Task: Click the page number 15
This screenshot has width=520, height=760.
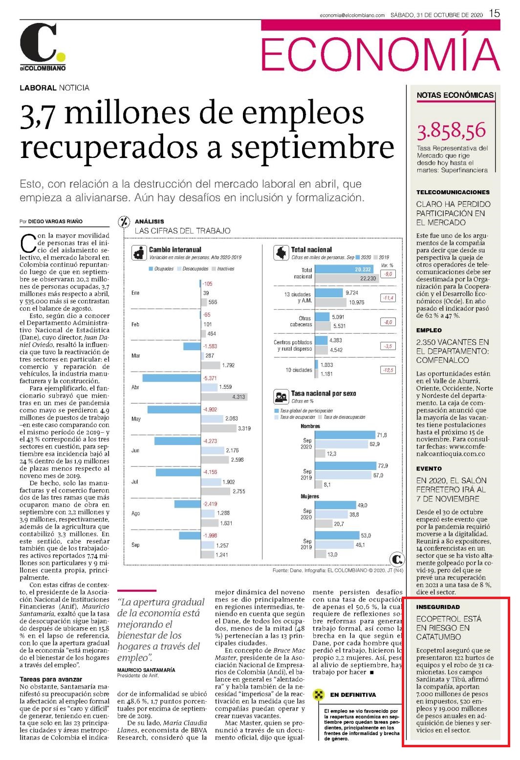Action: click(495, 14)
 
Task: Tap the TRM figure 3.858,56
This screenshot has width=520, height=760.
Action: click(451, 131)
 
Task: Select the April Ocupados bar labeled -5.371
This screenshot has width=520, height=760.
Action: click(172, 378)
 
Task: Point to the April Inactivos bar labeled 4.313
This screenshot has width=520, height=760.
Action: click(224, 397)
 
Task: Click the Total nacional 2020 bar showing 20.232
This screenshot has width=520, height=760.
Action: click(346, 269)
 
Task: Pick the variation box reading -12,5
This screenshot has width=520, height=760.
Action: click(388, 370)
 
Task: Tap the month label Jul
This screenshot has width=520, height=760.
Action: click(134, 482)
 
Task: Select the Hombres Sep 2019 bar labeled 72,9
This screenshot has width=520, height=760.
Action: click(346, 466)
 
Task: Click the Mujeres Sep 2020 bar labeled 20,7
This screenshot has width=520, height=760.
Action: click(324, 524)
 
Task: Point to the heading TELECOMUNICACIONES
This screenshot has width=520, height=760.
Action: click(453, 192)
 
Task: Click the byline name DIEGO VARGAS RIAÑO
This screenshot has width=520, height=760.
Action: click(55, 222)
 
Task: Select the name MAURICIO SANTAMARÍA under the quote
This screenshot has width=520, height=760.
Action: click(146, 670)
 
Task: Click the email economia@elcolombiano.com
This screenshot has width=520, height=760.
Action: click(352, 15)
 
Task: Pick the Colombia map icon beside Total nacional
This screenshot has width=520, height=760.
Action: click(281, 253)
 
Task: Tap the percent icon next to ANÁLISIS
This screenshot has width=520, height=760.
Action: click(124, 222)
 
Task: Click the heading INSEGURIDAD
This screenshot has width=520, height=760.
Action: click(438, 607)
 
